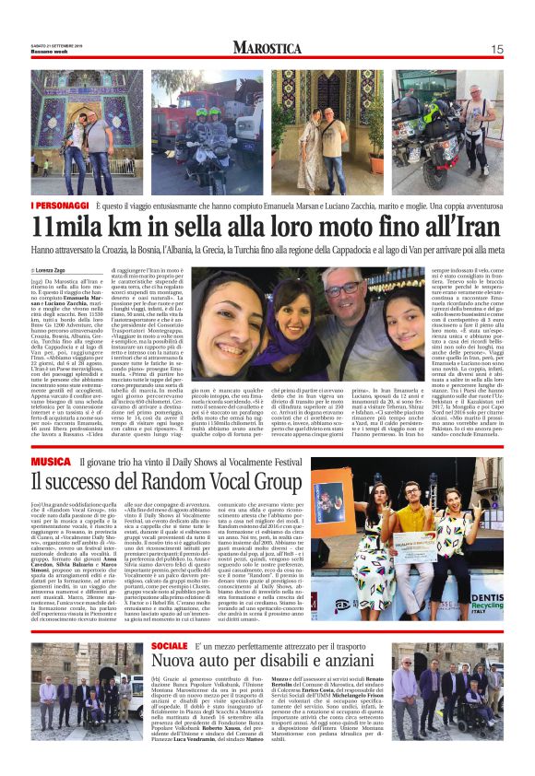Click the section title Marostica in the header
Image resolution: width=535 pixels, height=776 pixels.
coord(267,48)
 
